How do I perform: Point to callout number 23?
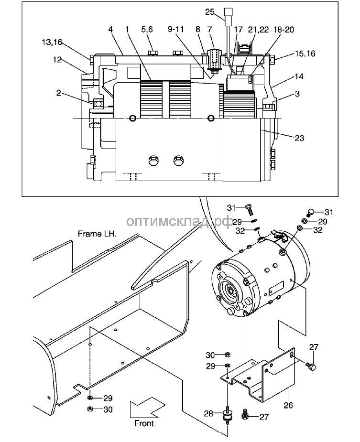click(x=299, y=138)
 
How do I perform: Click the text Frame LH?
click(x=97, y=235)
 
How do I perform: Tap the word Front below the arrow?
click(x=144, y=423)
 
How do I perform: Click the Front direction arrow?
click(x=146, y=409)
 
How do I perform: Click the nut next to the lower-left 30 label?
click(x=90, y=409)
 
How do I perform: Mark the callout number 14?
click(x=298, y=76)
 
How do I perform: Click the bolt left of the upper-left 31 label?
click(x=250, y=208)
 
